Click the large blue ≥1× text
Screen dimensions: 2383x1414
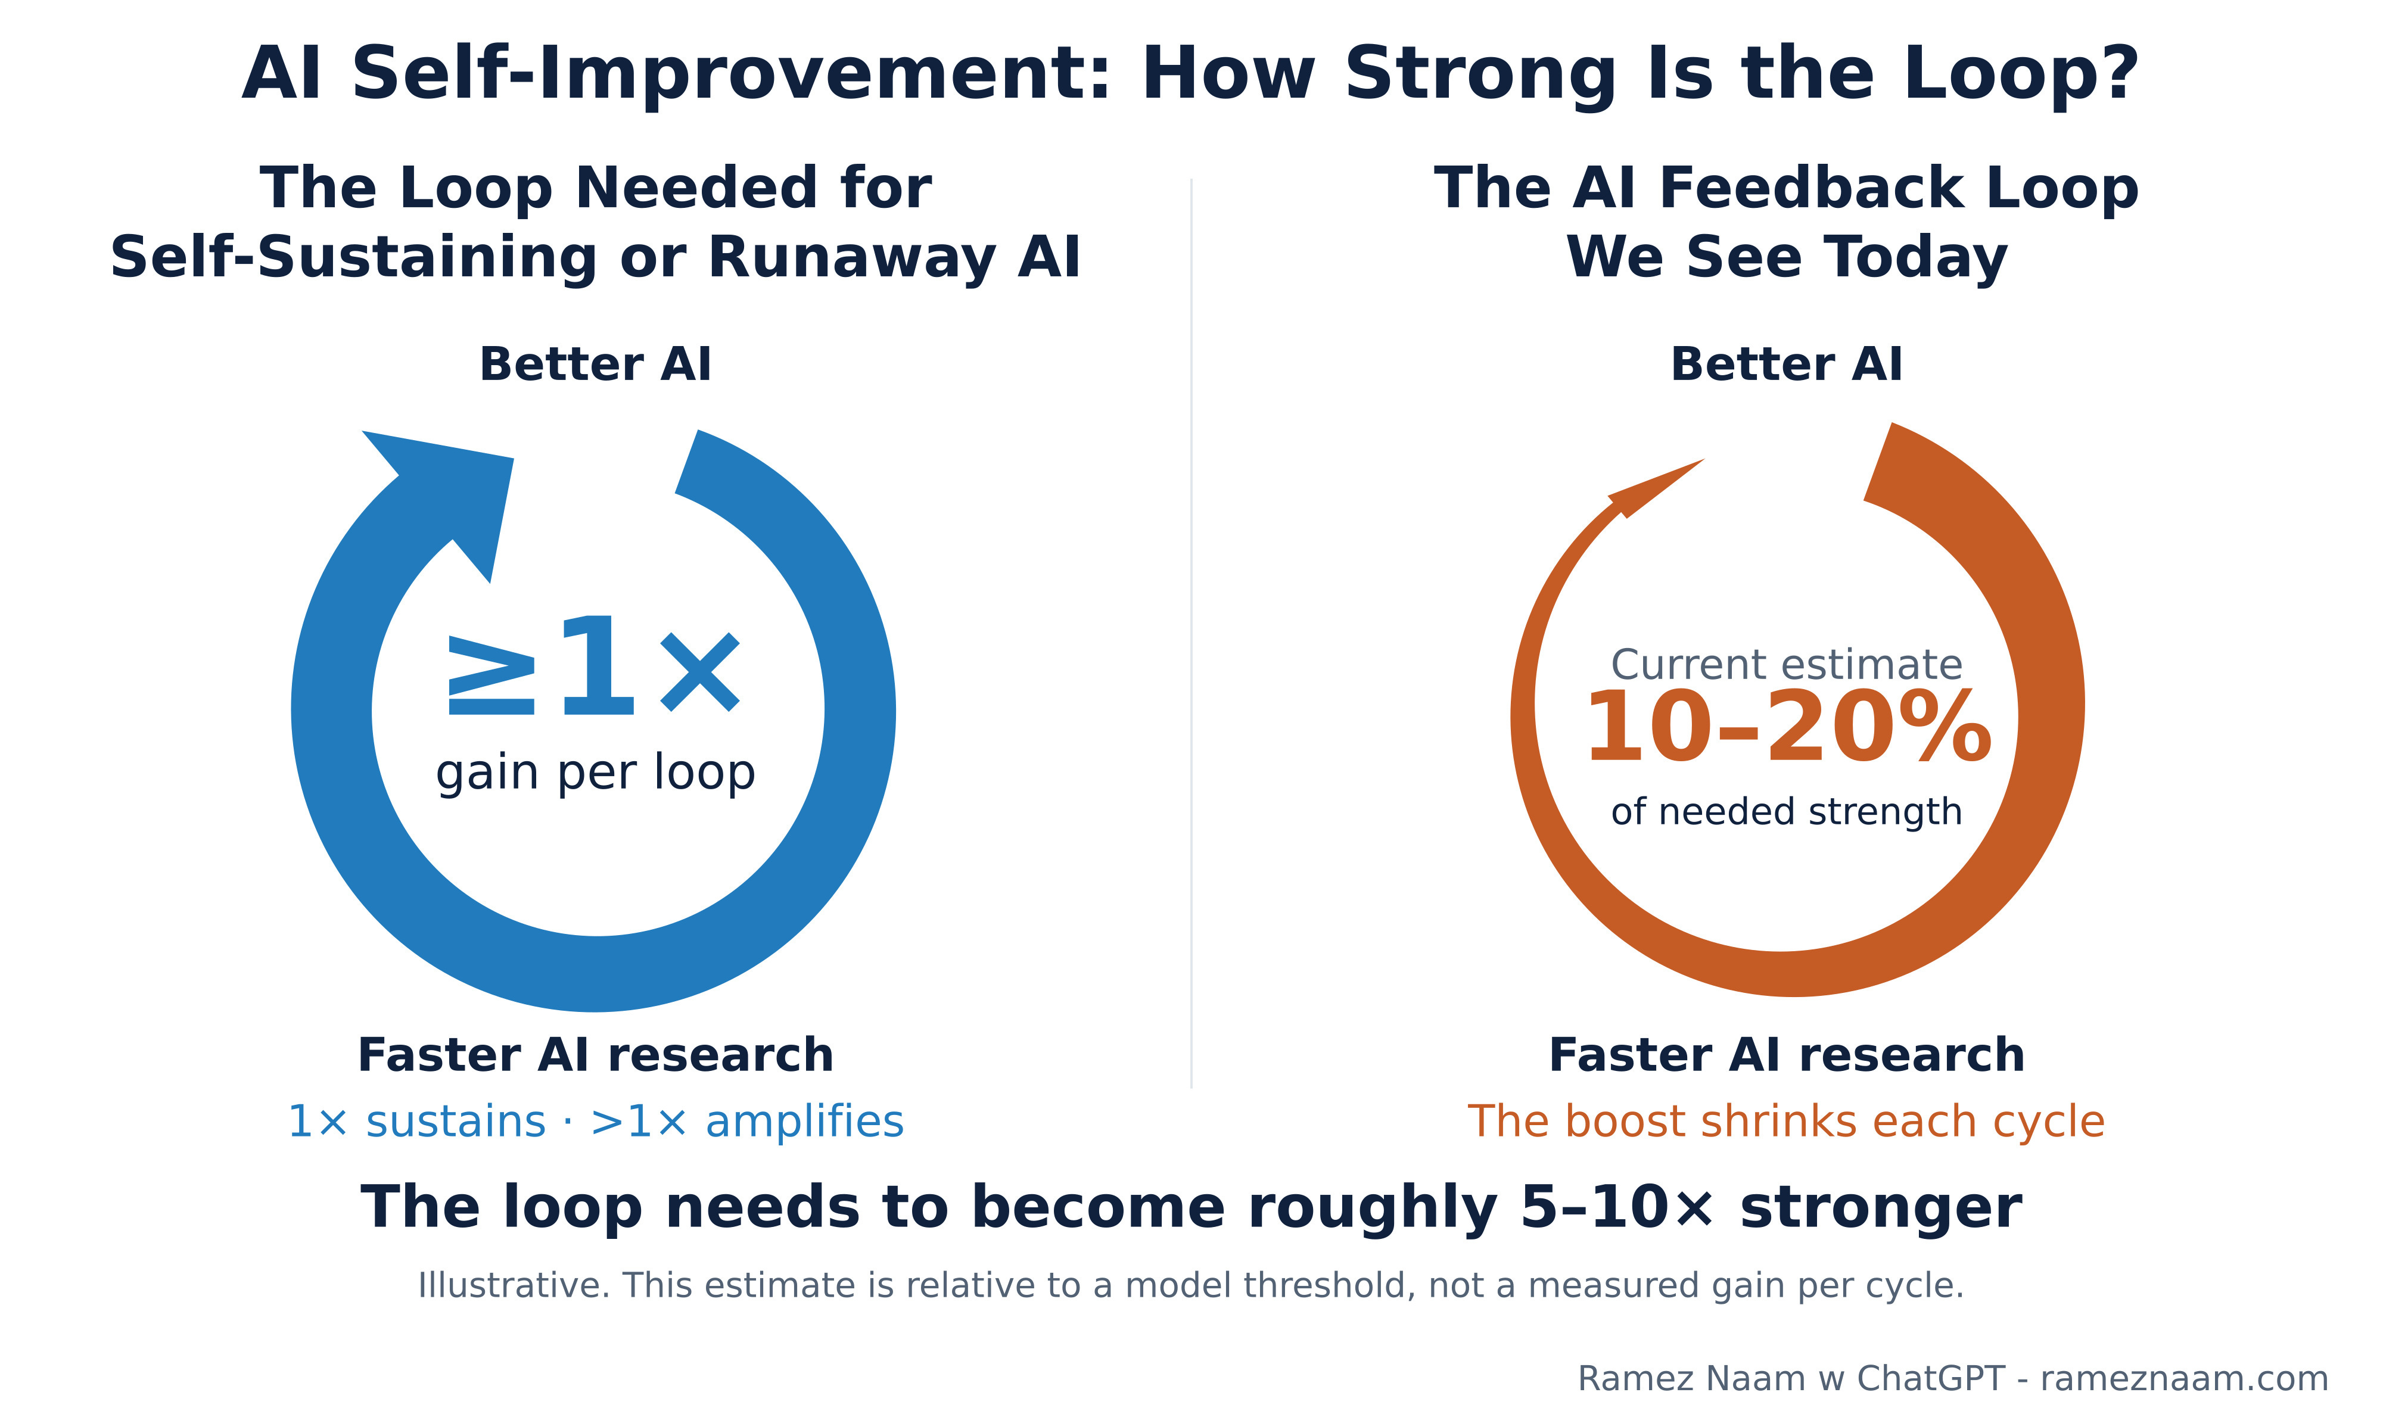click(x=593, y=667)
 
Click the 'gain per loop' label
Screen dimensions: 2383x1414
click(x=596, y=773)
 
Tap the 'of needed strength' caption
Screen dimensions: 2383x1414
click(x=1787, y=812)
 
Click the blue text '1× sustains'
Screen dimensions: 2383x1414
click(x=416, y=1122)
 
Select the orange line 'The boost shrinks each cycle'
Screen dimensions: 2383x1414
click(x=1787, y=1122)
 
